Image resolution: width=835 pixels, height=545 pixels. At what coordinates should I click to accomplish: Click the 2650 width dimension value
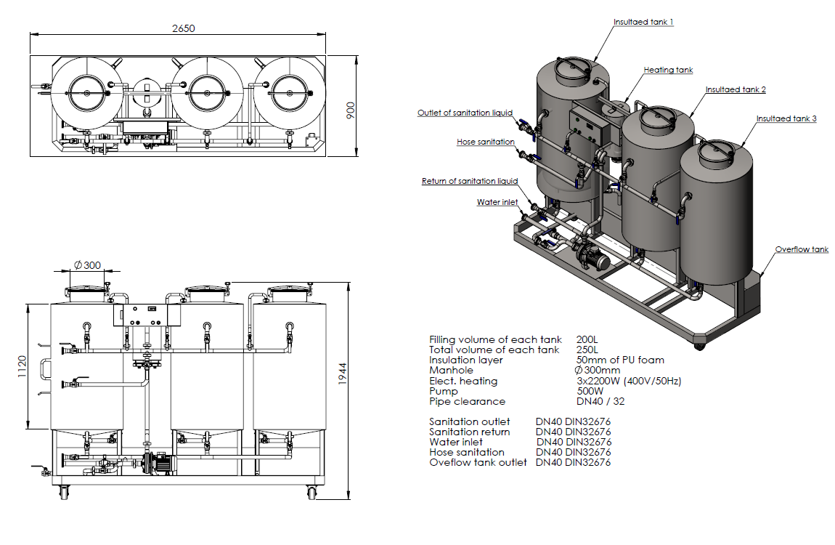pos(184,28)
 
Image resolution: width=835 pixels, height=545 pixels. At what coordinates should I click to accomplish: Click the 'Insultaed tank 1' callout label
pos(643,23)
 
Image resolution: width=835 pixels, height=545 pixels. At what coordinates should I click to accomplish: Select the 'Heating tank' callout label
pos(668,70)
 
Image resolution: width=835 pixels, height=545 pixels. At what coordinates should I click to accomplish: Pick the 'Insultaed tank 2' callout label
pos(736,90)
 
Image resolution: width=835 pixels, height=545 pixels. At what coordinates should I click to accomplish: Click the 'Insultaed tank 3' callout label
pos(786,118)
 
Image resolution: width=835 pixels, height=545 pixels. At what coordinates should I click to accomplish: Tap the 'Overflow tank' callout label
pos(801,250)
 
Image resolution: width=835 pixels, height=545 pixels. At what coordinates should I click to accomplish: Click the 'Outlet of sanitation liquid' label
pos(465,113)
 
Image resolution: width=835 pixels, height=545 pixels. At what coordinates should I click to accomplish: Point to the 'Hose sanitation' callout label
pos(486,142)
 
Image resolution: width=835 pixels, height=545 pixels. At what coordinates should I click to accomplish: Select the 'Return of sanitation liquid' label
pos(469,182)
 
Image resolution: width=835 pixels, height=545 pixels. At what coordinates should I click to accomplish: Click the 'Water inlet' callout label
pos(497,203)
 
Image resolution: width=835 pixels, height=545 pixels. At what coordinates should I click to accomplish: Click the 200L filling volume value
pos(587,339)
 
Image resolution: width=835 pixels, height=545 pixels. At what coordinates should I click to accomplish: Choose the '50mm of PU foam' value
pos(619,360)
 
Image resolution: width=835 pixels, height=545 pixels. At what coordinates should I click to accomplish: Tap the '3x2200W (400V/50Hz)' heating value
pos(628,381)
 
